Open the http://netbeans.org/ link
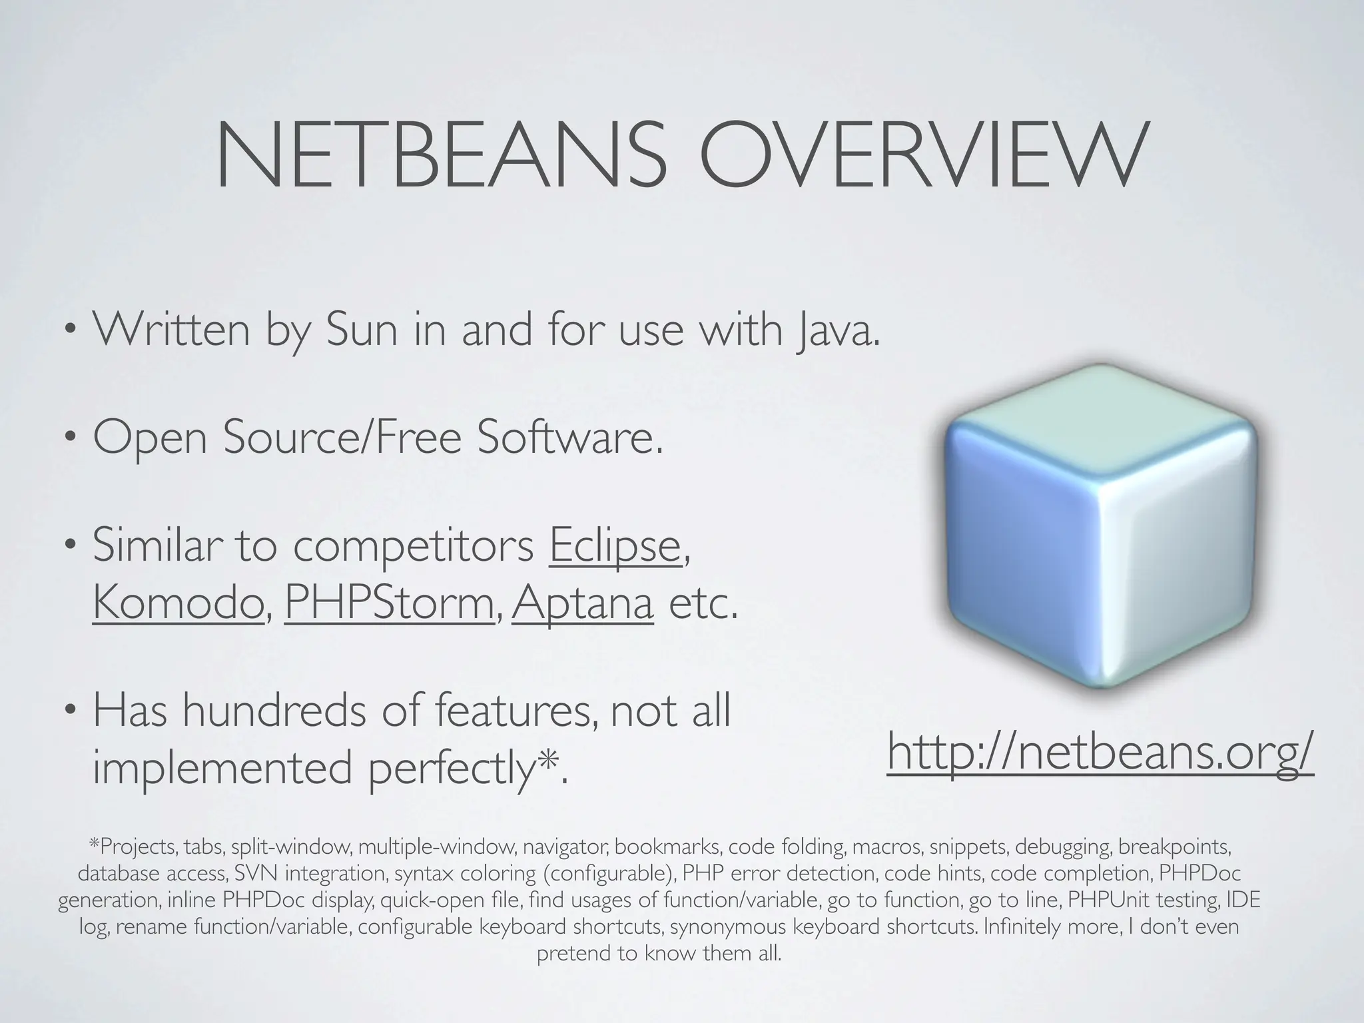click(x=1100, y=751)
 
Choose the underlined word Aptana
click(x=582, y=603)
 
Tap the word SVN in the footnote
click(x=252, y=873)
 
